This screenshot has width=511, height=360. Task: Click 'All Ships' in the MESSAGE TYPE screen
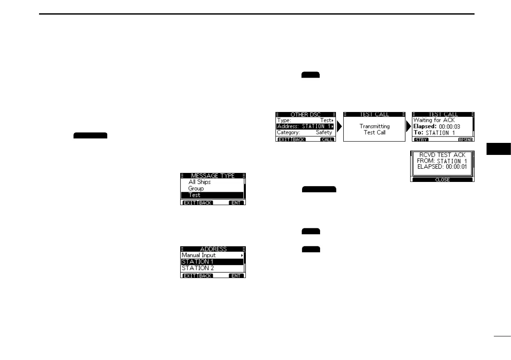pos(200,182)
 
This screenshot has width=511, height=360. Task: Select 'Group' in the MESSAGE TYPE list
pos(196,188)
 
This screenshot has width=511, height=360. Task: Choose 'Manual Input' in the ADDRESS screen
pos(199,255)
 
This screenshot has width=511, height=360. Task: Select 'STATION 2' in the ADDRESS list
pos(197,268)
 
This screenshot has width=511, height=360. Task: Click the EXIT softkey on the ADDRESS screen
pos(189,276)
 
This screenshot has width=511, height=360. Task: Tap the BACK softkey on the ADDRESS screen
pos(205,276)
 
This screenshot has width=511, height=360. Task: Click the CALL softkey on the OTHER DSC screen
pos(327,139)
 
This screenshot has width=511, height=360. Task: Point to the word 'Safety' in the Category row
pos(324,133)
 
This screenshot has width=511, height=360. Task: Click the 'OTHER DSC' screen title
pos(305,115)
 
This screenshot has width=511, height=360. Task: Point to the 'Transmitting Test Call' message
pos(375,129)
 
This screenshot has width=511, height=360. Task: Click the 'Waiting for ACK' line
pos(434,120)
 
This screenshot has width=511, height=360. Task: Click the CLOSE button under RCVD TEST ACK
pos(442,180)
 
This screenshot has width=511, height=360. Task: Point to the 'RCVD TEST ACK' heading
pos(442,154)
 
